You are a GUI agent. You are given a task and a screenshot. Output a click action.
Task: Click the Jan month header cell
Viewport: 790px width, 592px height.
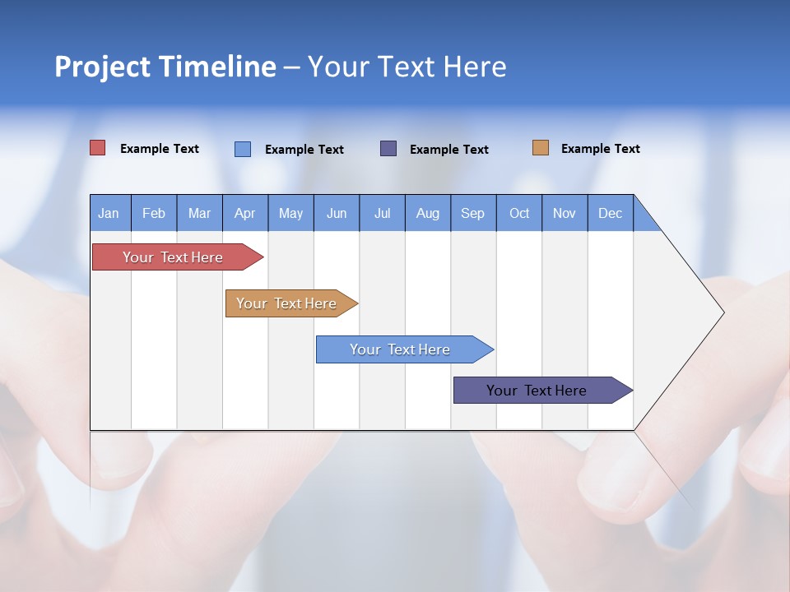pyautogui.click(x=109, y=213)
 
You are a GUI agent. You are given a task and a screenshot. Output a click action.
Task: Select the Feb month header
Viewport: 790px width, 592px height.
pyautogui.click(x=154, y=213)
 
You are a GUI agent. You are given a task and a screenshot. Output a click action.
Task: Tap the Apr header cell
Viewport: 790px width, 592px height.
pyautogui.click(x=245, y=213)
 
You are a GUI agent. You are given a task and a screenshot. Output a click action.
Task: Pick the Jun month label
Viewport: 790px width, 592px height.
pyautogui.click(x=337, y=213)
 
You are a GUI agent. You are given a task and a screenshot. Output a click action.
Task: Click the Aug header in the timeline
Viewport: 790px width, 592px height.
pyautogui.click(x=428, y=213)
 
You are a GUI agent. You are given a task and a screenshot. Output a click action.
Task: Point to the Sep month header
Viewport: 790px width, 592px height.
pyautogui.click(x=473, y=213)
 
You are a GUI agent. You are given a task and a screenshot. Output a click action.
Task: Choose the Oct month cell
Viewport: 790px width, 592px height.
pyautogui.click(x=519, y=213)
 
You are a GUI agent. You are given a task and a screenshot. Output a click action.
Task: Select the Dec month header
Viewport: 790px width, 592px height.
pyautogui.click(x=611, y=213)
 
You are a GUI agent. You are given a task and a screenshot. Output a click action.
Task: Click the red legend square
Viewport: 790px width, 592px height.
pyautogui.click(x=98, y=148)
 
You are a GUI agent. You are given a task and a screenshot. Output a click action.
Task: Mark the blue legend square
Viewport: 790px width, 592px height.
pyautogui.click(x=243, y=149)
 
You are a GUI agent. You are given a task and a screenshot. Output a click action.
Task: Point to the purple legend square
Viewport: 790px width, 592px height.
pyautogui.click(x=388, y=149)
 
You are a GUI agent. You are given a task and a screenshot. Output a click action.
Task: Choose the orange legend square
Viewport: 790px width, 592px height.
pyautogui.click(x=541, y=148)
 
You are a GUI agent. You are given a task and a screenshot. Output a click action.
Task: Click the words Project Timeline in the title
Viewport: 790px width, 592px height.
pyautogui.click(x=165, y=67)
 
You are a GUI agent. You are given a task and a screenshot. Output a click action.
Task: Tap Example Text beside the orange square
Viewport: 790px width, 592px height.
pyautogui.click(x=600, y=149)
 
